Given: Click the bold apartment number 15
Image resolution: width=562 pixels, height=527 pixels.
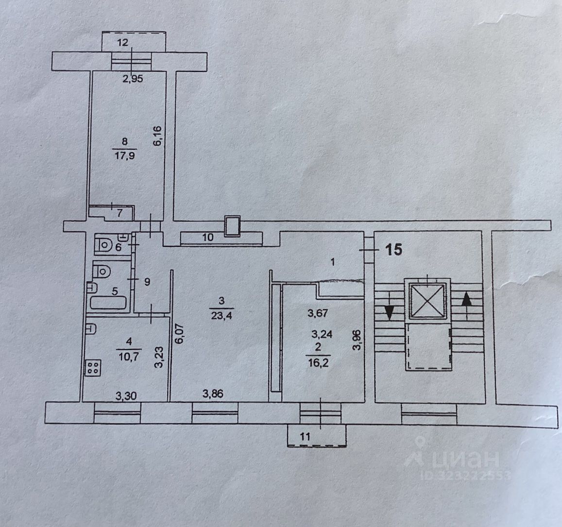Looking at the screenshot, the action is (x=394, y=250).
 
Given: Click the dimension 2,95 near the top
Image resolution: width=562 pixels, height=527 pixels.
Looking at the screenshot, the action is (x=132, y=79).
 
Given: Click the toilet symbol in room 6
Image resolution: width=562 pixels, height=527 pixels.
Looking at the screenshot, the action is (x=103, y=244).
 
